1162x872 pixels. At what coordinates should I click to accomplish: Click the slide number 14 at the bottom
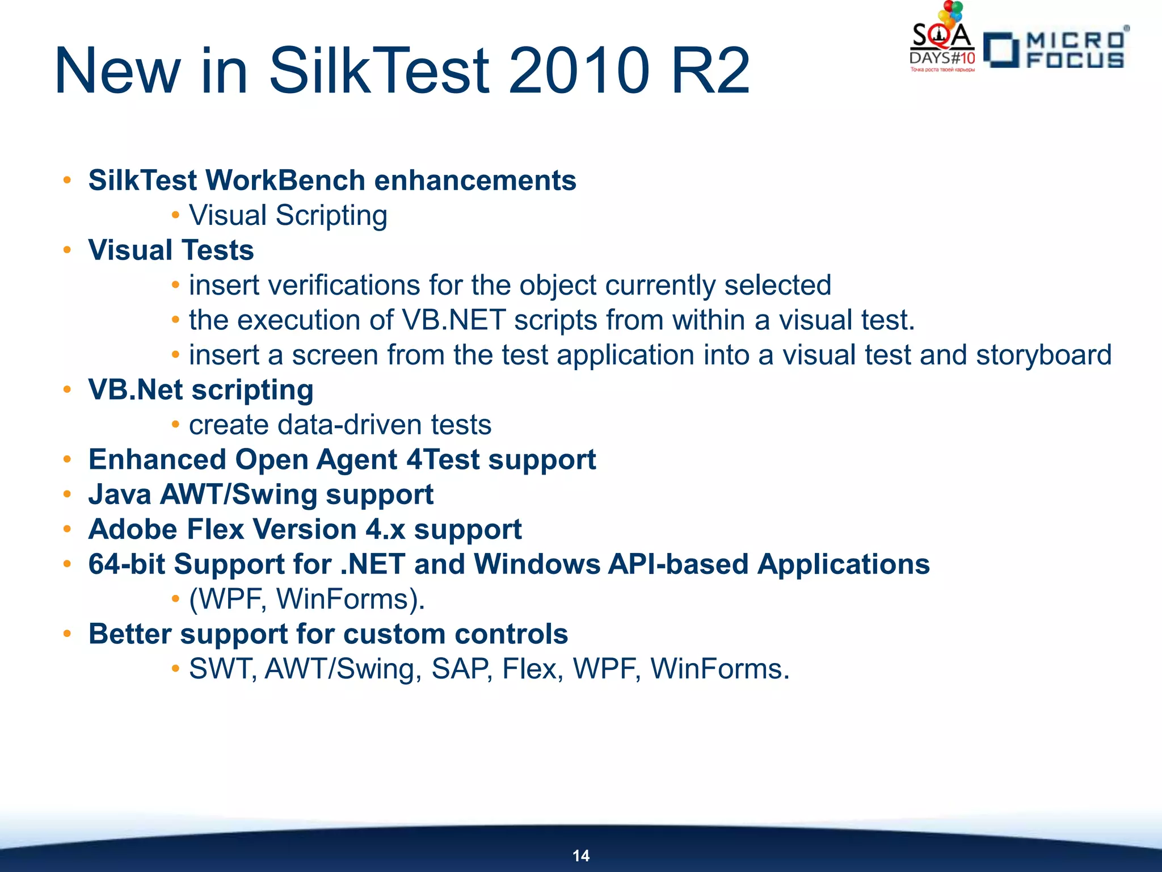point(581,856)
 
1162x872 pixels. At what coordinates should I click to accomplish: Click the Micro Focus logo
point(1056,50)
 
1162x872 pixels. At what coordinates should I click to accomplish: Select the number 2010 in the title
point(579,71)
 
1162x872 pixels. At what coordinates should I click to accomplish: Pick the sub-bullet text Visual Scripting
point(288,216)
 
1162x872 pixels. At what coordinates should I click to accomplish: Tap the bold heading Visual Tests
point(171,250)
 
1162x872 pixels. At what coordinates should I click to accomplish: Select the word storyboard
point(1043,355)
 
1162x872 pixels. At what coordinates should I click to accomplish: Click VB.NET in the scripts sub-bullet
point(453,320)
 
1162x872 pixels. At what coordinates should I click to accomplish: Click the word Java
point(120,494)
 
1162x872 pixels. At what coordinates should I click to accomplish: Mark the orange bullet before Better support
point(68,634)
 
